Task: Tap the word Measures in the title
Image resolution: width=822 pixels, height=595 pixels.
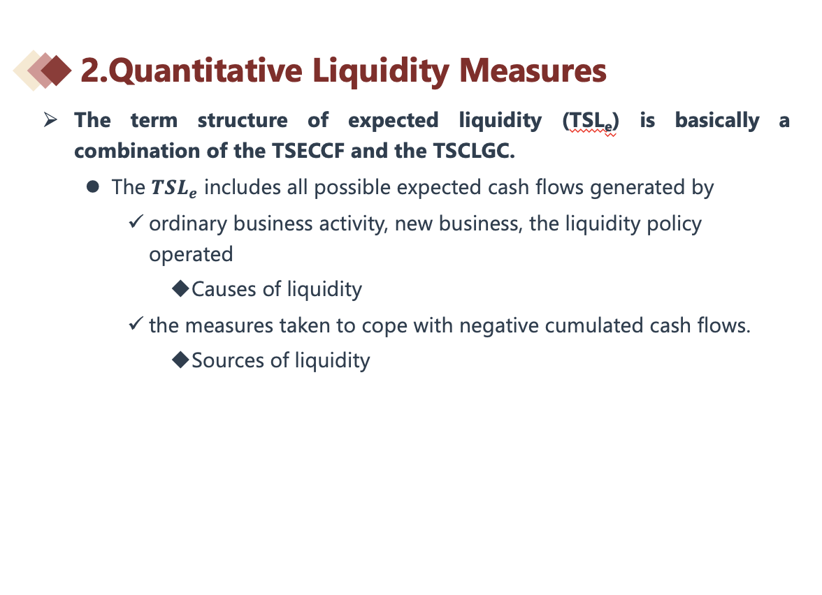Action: click(533, 70)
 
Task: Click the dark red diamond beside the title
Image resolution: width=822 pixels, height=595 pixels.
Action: click(56, 71)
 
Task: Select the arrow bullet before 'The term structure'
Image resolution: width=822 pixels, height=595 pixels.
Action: click(50, 120)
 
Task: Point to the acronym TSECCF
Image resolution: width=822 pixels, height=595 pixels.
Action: click(308, 152)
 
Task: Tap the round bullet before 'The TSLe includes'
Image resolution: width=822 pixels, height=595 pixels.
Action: click(93, 187)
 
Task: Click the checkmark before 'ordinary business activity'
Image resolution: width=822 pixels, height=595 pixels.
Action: click(136, 221)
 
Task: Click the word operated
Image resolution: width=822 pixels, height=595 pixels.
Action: click(191, 255)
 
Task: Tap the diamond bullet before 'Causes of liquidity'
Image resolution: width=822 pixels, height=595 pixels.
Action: click(180, 288)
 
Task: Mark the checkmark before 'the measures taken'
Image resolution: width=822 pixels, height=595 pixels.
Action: click(136, 324)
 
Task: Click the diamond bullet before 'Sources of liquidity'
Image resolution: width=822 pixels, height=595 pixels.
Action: click(180, 360)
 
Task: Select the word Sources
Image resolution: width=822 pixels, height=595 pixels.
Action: click(228, 360)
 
